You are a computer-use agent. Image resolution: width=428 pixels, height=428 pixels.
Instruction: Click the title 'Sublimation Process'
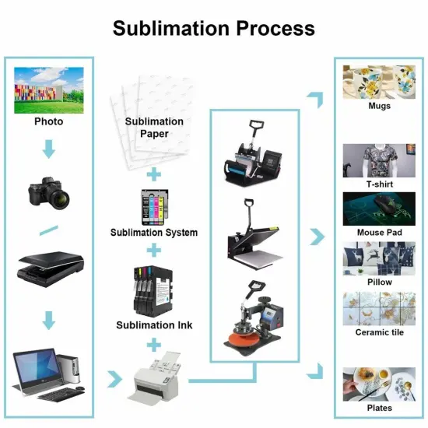213,28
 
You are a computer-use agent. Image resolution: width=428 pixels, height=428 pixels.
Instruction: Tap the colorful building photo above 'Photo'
48,89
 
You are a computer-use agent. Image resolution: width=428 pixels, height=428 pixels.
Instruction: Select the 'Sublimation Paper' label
154,128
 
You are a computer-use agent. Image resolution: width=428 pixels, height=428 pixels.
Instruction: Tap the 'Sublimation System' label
154,233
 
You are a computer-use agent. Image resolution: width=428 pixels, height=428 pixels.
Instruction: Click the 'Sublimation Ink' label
154,325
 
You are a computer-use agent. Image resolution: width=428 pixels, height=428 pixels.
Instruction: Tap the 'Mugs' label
379,106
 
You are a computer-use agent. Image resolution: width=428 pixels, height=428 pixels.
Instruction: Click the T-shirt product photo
378,160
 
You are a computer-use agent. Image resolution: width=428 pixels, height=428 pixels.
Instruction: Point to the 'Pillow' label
379,282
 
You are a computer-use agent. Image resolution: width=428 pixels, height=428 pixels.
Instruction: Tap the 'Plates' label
379,408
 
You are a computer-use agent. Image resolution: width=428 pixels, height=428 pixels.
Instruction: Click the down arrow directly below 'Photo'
48,148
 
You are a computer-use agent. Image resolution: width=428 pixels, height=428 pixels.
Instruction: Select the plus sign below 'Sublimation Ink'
154,343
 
